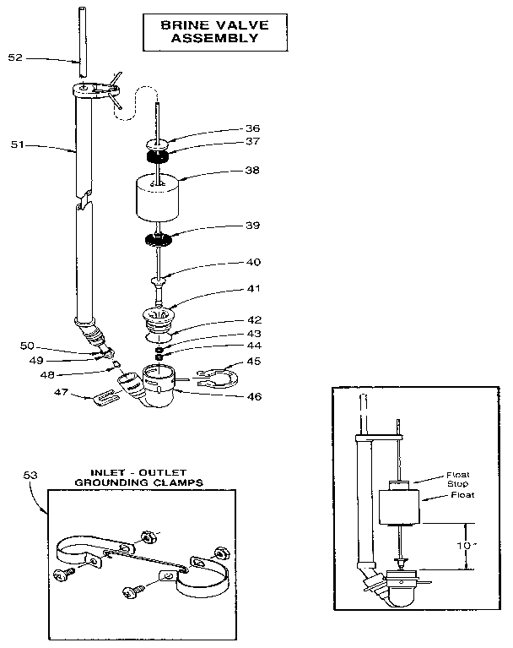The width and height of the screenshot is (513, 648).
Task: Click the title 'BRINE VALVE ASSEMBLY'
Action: pyautogui.click(x=209, y=31)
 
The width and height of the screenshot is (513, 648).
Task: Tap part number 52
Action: pyautogui.click(x=15, y=57)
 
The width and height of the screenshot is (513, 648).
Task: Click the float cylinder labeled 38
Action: pyautogui.click(x=159, y=199)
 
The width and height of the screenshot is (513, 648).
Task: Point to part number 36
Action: pyautogui.click(x=229, y=128)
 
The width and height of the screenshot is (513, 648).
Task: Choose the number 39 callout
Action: pyautogui.click(x=229, y=226)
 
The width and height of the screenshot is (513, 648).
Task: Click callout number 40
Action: pyautogui.click(x=229, y=262)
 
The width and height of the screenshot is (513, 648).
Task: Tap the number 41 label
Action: pyautogui.click(x=229, y=288)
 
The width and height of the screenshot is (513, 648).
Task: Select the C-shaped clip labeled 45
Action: pyautogui.click(x=213, y=373)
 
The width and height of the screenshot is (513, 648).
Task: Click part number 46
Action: pyautogui.click(x=229, y=395)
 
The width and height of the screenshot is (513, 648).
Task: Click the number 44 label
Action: pyautogui.click(x=229, y=346)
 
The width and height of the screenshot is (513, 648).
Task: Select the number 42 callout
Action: pyautogui.click(x=229, y=320)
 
